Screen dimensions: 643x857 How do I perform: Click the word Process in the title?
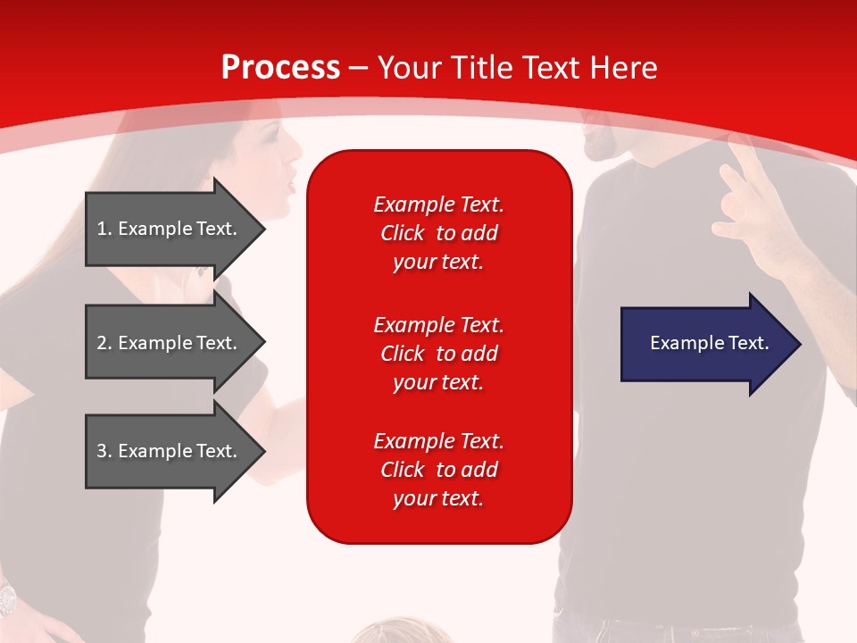click(280, 67)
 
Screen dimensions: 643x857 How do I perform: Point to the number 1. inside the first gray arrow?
click(104, 229)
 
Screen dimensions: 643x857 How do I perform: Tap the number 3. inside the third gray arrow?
click(104, 451)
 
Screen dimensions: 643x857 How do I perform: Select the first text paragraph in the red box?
click(438, 233)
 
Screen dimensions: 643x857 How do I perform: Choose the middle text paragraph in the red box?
click(438, 354)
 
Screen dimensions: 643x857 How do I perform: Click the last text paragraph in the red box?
click(438, 470)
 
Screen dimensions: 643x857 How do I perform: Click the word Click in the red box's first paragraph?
click(402, 233)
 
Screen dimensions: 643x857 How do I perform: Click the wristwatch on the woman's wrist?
click(7, 597)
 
